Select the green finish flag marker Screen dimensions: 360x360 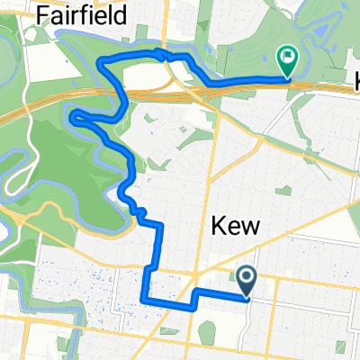click(287, 60)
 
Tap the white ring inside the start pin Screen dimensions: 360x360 click(247, 278)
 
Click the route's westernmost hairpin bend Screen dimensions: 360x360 click(71, 114)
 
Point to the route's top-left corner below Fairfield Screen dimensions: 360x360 click(100, 61)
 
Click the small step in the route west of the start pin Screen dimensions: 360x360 click(193, 298)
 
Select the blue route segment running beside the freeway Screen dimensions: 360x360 click(243, 81)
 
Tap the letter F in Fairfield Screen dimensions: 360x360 click(44, 14)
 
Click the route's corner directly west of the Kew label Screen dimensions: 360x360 click(159, 224)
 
